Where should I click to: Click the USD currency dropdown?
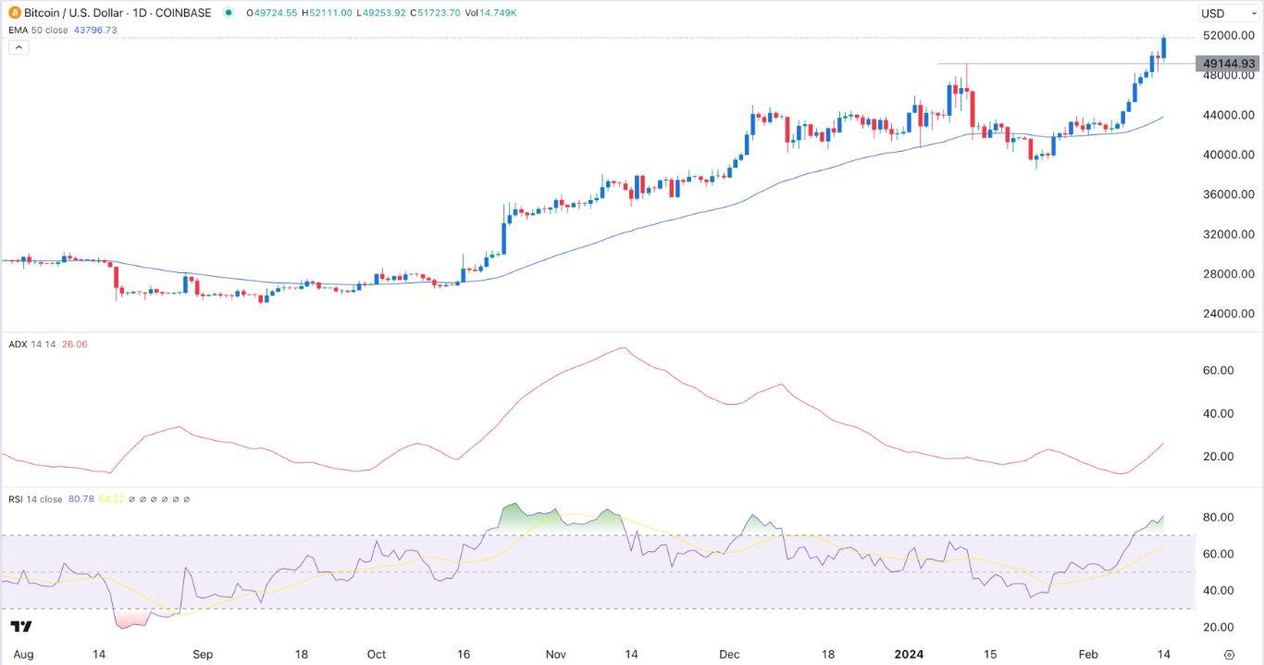pyautogui.click(x=1224, y=13)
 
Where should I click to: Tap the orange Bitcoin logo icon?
pyautogui.click(x=14, y=13)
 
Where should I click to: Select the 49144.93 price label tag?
pyautogui.click(x=1228, y=64)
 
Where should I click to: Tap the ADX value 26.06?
pyautogui.click(x=74, y=345)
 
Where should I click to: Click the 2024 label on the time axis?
pyautogui.click(x=910, y=654)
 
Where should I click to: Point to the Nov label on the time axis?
pyautogui.click(x=556, y=654)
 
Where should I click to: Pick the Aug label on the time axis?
pyautogui.click(x=24, y=654)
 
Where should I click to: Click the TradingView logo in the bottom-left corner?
pyautogui.click(x=23, y=626)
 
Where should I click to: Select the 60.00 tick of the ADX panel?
pyautogui.click(x=1219, y=370)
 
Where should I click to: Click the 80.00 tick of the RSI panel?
pyautogui.click(x=1219, y=517)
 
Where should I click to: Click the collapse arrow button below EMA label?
pyautogui.click(x=19, y=47)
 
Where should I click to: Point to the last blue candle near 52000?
pyautogui.click(x=1163, y=47)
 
